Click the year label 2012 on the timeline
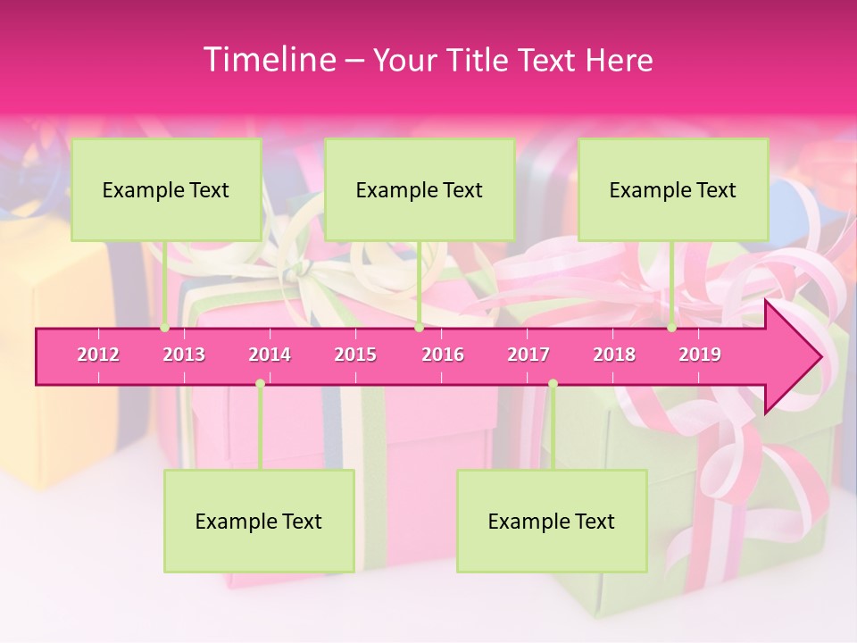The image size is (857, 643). click(98, 355)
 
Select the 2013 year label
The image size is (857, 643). click(184, 355)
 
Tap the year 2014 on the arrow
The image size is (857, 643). click(270, 355)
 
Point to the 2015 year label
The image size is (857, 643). click(355, 355)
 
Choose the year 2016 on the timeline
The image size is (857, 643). click(443, 355)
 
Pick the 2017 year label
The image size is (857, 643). click(528, 355)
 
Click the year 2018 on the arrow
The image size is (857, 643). click(614, 355)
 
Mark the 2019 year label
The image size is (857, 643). click(700, 355)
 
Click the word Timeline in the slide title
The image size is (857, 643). click(268, 60)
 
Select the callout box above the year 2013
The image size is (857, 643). click(166, 189)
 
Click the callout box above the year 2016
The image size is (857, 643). click(420, 189)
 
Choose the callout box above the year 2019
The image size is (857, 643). click(673, 189)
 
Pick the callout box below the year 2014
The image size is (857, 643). click(259, 521)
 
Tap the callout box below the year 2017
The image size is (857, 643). click(552, 521)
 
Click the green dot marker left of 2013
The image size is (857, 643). click(164, 328)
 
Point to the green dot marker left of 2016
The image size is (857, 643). click(419, 328)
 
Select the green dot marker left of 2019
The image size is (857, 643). click(671, 328)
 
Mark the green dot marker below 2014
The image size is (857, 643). click(260, 384)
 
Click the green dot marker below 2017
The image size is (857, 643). click(553, 384)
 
